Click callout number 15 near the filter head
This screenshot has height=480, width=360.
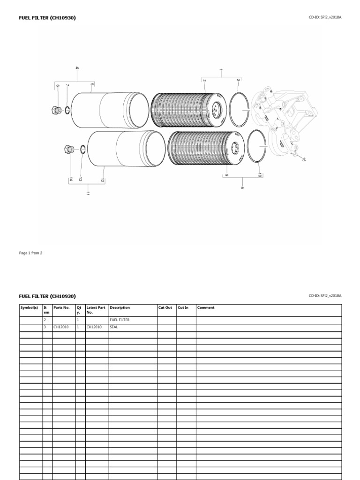[303, 160]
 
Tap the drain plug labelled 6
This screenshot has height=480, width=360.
[55, 111]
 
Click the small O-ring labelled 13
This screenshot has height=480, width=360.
[82, 150]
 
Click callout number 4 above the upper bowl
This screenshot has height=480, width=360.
[77, 68]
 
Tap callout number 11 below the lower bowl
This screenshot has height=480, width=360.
[87, 194]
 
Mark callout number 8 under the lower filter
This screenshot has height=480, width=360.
[242, 187]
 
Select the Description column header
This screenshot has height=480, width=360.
[120, 308]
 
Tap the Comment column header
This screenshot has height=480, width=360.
[206, 308]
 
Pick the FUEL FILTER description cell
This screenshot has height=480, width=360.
[120, 320]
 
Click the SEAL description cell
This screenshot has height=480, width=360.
[114, 327]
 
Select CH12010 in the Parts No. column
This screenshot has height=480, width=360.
[61, 327]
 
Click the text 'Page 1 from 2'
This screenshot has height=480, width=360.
[30, 253]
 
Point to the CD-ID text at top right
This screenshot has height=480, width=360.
[325, 18]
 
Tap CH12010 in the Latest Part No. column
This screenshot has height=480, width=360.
[94, 327]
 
